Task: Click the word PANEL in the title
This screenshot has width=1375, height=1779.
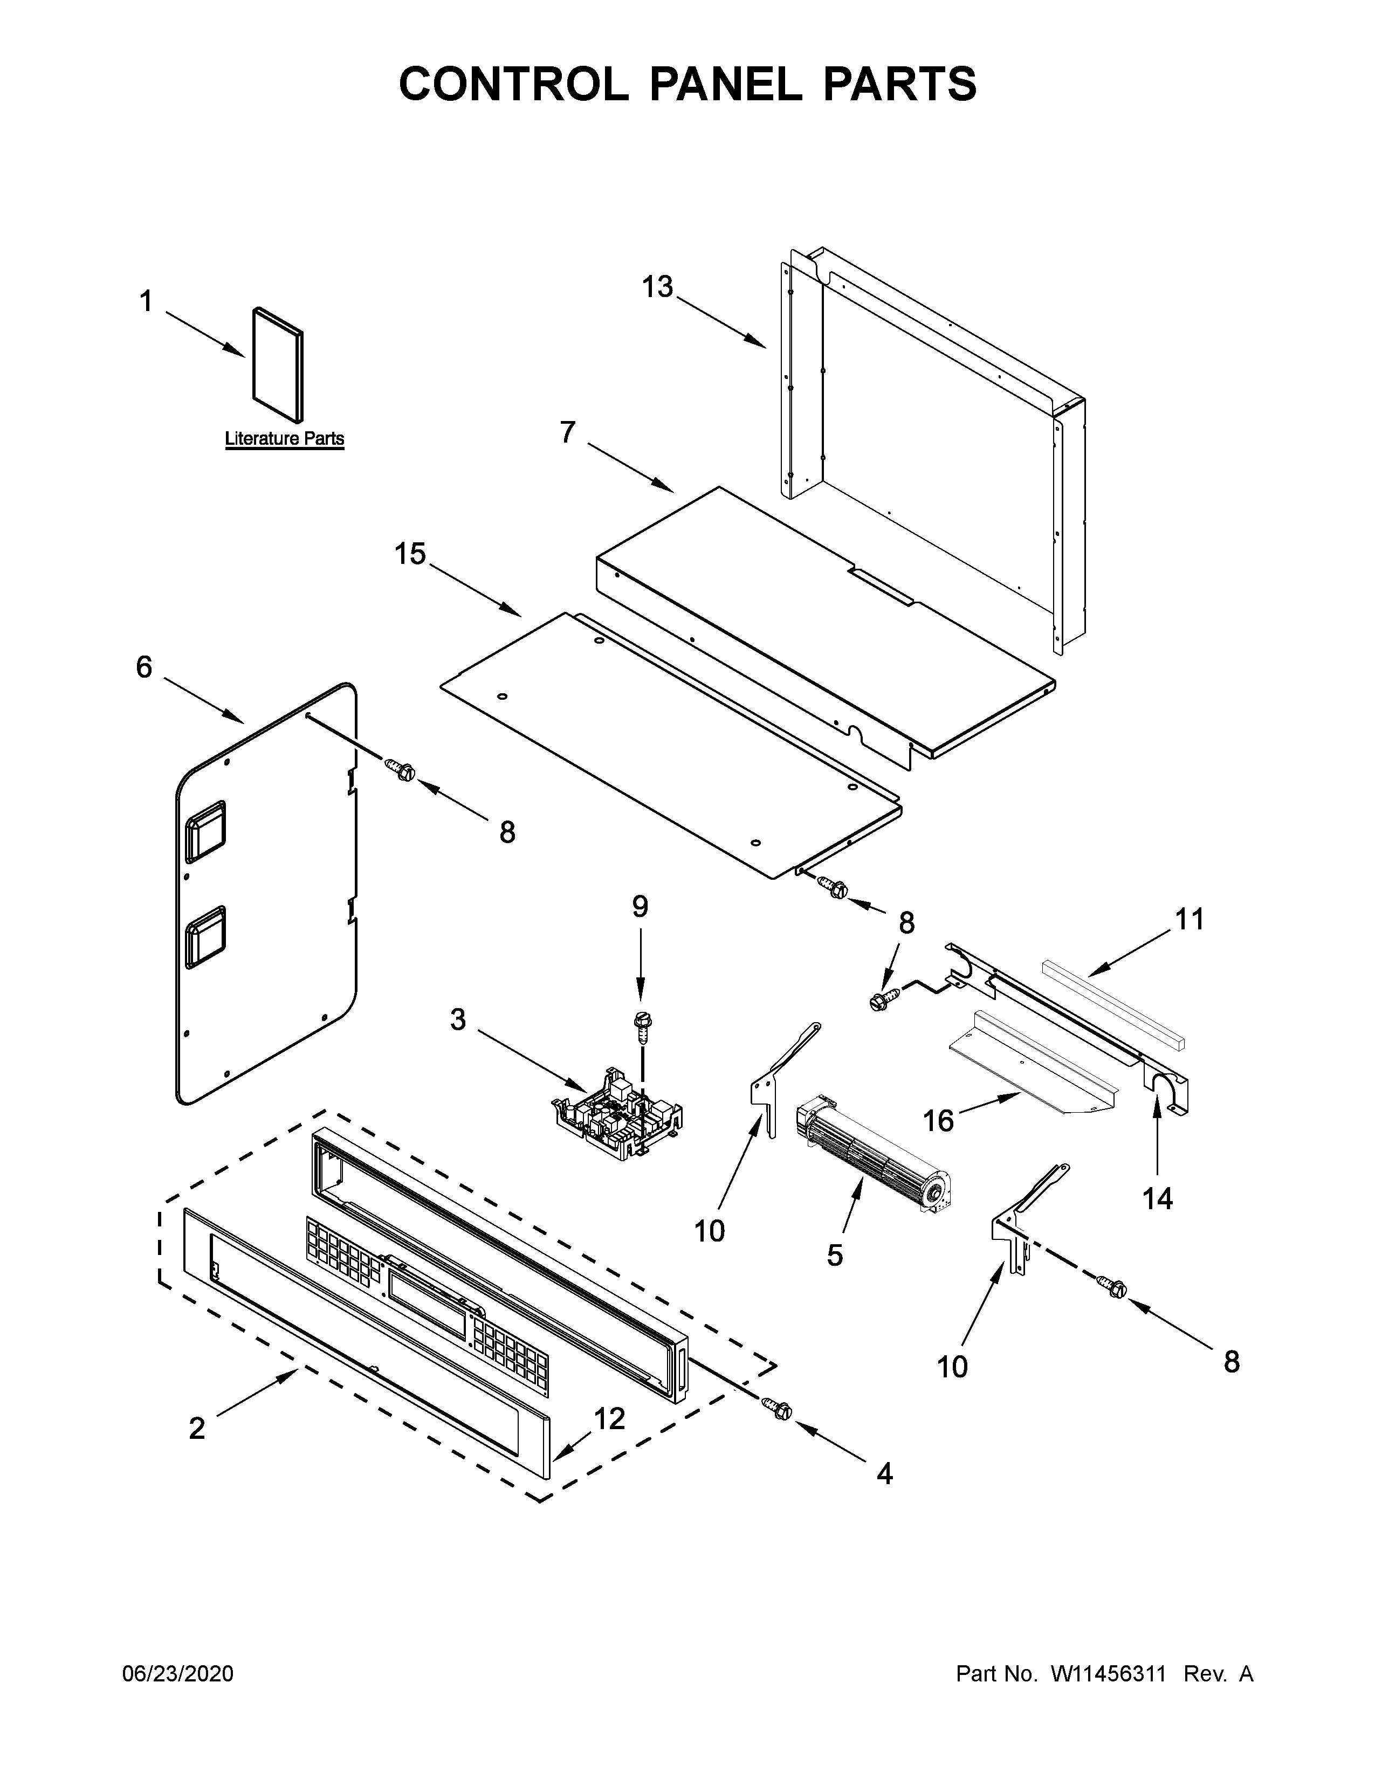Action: [723, 84]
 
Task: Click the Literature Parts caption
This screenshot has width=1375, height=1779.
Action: [284, 438]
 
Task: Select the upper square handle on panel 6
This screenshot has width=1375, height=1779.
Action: [205, 832]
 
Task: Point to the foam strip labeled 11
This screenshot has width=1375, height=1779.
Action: [1113, 1004]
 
